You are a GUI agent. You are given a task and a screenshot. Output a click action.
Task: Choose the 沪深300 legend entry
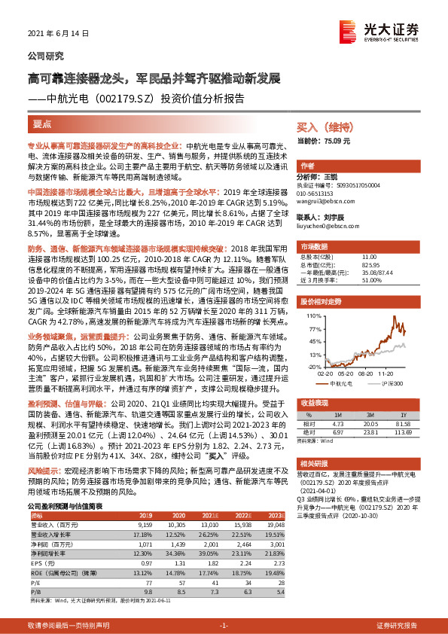[384, 383]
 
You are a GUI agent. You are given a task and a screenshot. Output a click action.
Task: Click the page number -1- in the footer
[223, 626]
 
